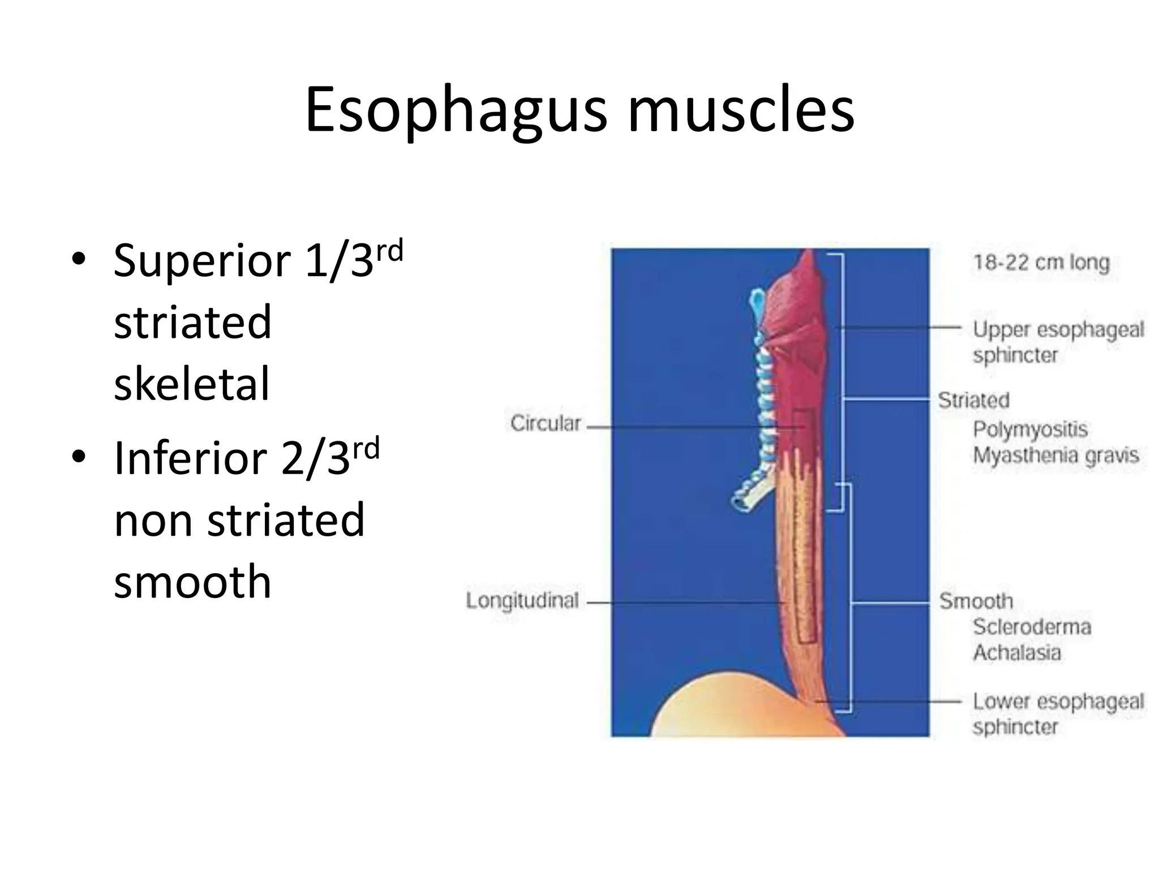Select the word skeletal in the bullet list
(x=192, y=384)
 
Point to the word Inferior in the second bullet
(x=190, y=458)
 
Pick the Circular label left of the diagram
(x=546, y=423)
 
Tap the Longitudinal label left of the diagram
(x=522, y=600)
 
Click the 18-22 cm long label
(x=1041, y=263)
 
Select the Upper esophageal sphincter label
(x=1057, y=342)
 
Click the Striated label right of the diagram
(x=974, y=401)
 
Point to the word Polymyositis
(x=1030, y=429)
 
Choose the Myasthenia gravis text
(x=1055, y=455)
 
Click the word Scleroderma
(x=1032, y=627)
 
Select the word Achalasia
(x=1017, y=652)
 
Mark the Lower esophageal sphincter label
(x=1057, y=714)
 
